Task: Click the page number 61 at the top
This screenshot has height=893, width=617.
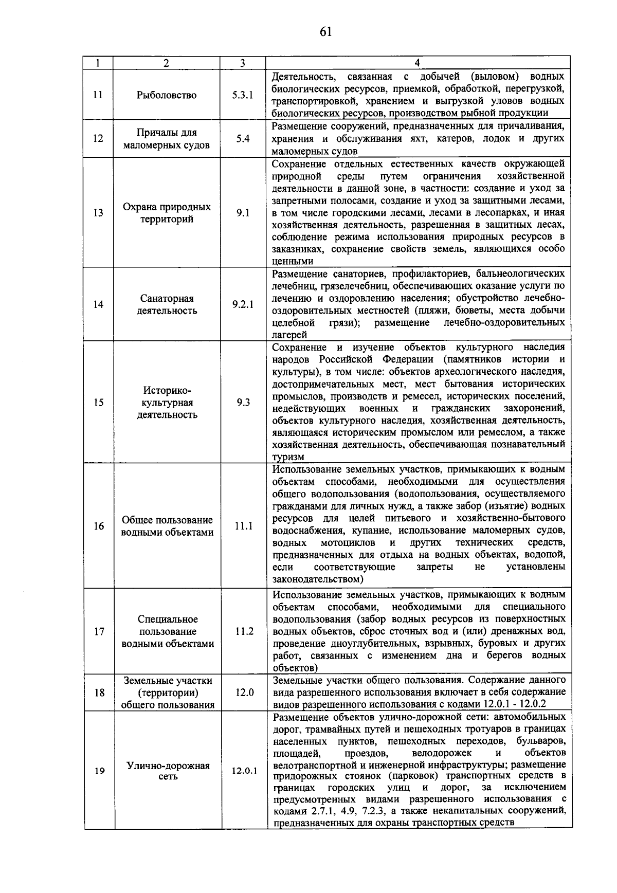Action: [x=325, y=32]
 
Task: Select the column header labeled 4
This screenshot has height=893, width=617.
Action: [x=417, y=63]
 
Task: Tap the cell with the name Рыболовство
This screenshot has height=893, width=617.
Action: [x=167, y=95]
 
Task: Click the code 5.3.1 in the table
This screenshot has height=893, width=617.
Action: [x=243, y=95]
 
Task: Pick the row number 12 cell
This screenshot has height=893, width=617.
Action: [x=98, y=138]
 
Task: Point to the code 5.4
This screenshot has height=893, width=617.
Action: [x=243, y=138]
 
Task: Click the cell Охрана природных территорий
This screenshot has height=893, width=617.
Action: [x=167, y=213]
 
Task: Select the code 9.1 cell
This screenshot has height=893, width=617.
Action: [x=243, y=213]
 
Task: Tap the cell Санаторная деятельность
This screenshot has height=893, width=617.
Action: [x=167, y=304]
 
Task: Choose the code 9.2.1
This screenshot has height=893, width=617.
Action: [x=243, y=304]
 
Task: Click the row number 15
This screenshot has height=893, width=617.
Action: [x=98, y=403]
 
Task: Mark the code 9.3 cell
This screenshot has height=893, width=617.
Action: [x=243, y=403]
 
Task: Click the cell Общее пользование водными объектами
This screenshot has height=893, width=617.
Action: [x=167, y=526]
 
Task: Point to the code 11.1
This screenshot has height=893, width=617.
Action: [x=243, y=526]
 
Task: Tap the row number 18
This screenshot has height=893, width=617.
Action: [x=98, y=692]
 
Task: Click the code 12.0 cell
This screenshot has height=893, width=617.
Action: [x=244, y=692]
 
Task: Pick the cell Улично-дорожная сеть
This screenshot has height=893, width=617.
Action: [x=168, y=771]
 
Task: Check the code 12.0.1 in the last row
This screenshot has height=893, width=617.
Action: [x=244, y=771]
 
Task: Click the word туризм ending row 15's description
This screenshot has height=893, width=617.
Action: [x=288, y=457]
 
